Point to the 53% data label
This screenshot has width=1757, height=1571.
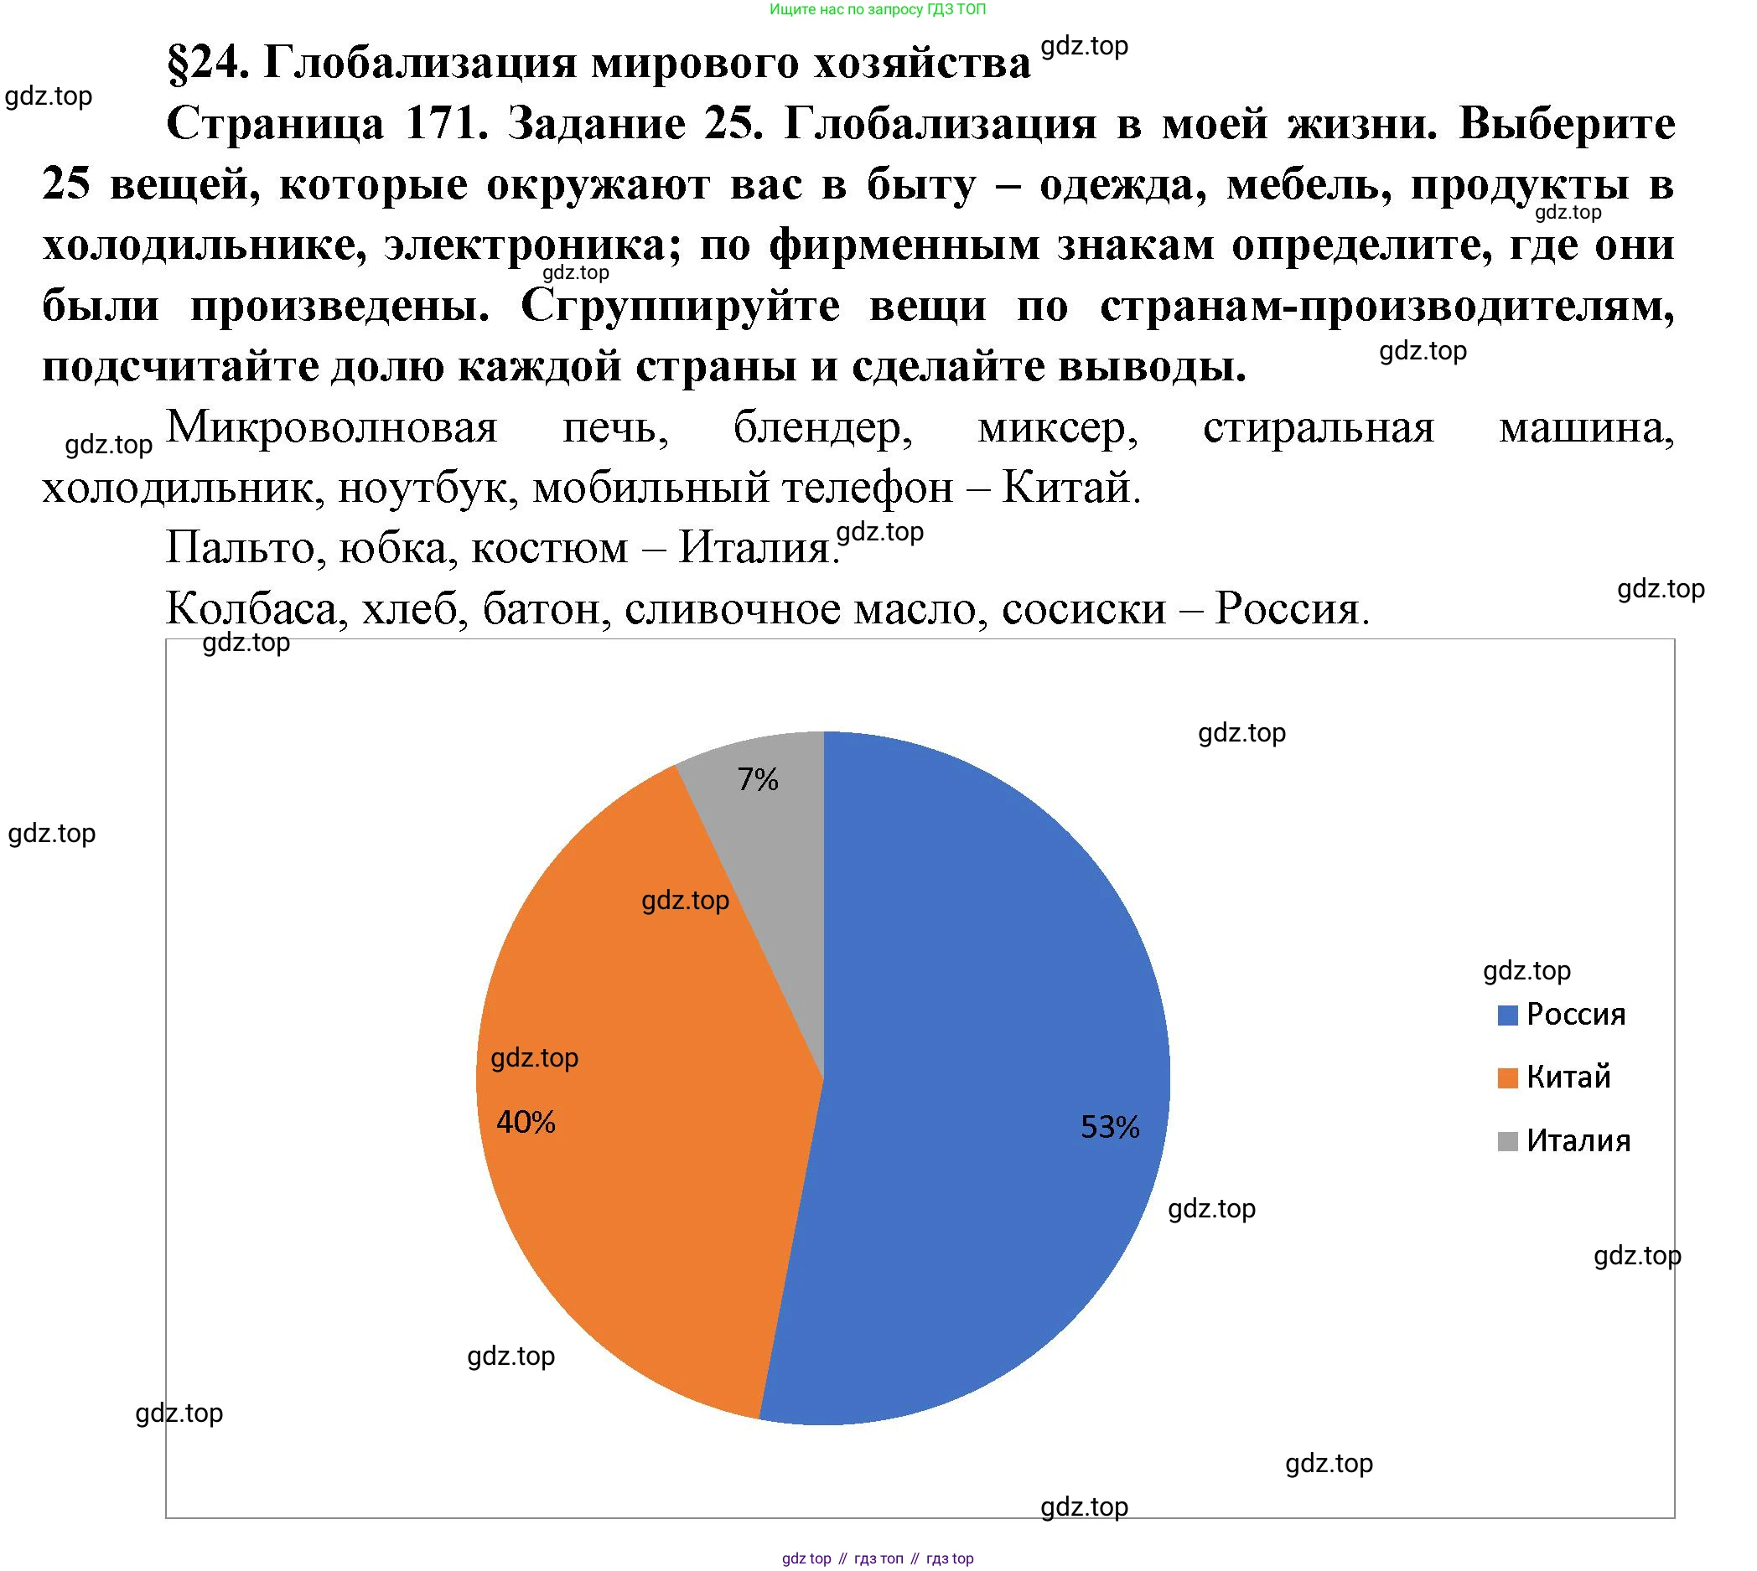1111,1127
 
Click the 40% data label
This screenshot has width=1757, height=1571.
526,1122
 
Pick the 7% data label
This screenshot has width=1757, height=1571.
758,780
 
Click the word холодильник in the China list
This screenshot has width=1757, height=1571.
177,488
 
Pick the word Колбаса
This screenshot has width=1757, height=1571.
255,608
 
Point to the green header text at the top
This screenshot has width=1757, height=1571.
877,9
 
